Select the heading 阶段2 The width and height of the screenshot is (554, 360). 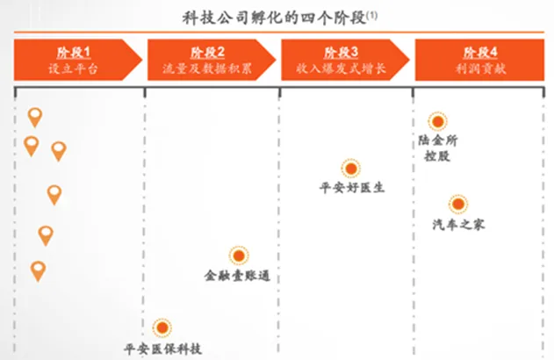[207, 51]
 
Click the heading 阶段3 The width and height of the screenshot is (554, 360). [341, 51]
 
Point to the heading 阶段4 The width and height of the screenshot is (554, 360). [480, 51]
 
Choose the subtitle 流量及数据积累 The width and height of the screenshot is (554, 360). [207, 67]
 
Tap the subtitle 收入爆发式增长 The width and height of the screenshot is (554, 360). [341, 67]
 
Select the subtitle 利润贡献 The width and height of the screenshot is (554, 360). [480, 67]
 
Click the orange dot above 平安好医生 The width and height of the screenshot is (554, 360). [350, 169]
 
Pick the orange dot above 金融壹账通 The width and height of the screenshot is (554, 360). [238, 256]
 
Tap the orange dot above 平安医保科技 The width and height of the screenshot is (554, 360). [162, 328]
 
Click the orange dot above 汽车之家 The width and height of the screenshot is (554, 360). [458, 205]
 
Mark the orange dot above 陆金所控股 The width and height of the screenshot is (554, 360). [436, 122]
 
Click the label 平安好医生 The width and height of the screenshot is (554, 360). [351, 187]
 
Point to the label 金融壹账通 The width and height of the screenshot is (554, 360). [236, 276]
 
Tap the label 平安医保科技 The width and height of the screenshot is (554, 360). [162, 349]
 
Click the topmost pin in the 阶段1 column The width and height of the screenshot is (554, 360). [35, 117]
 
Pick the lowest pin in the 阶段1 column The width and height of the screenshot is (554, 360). [38, 270]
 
